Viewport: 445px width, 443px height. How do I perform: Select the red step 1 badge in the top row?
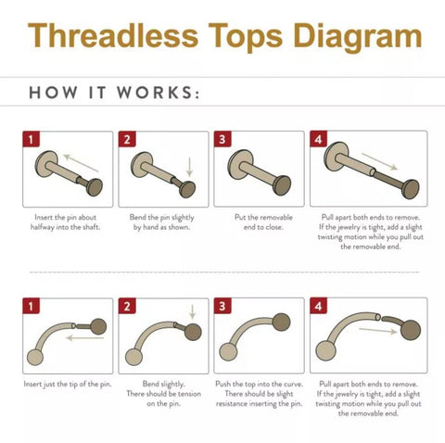click(x=31, y=140)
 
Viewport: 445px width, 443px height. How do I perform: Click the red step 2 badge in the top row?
click(x=127, y=140)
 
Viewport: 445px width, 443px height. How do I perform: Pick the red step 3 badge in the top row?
click(x=222, y=140)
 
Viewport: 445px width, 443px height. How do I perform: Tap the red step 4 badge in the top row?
click(x=319, y=140)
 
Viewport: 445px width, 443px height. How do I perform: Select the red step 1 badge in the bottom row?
click(x=31, y=307)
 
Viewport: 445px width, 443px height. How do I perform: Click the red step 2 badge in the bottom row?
click(x=127, y=307)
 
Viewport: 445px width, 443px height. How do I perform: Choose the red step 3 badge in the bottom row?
click(x=222, y=307)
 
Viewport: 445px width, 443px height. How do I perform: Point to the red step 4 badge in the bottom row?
click(x=319, y=307)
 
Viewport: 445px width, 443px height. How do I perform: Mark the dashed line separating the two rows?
click(x=222, y=272)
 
